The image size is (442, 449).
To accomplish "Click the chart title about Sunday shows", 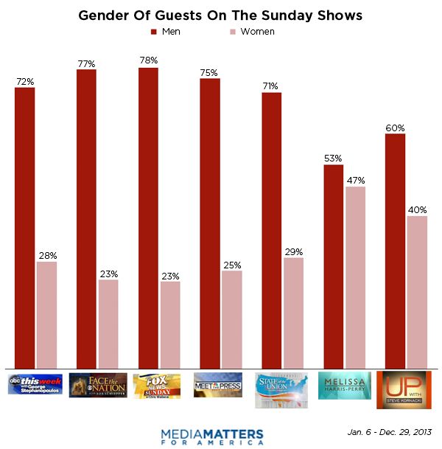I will [x=220, y=15].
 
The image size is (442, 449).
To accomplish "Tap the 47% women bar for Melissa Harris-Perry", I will [x=355, y=277].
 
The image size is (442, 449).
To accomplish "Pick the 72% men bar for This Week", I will [x=24, y=229].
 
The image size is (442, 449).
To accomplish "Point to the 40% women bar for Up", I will [x=417, y=292].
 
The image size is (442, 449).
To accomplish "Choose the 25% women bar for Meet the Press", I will [x=231, y=319].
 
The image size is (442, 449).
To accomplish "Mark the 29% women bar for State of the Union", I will [x=293, y=313].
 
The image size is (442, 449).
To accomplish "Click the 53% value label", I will [x=334, y=159].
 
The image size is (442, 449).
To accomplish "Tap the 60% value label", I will [x=396, y=128].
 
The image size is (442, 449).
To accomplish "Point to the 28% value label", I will [x=46, y=256].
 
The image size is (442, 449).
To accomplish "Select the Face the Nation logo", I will [x=97, y=386].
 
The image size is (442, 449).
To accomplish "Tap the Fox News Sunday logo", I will [x=159, y=386].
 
